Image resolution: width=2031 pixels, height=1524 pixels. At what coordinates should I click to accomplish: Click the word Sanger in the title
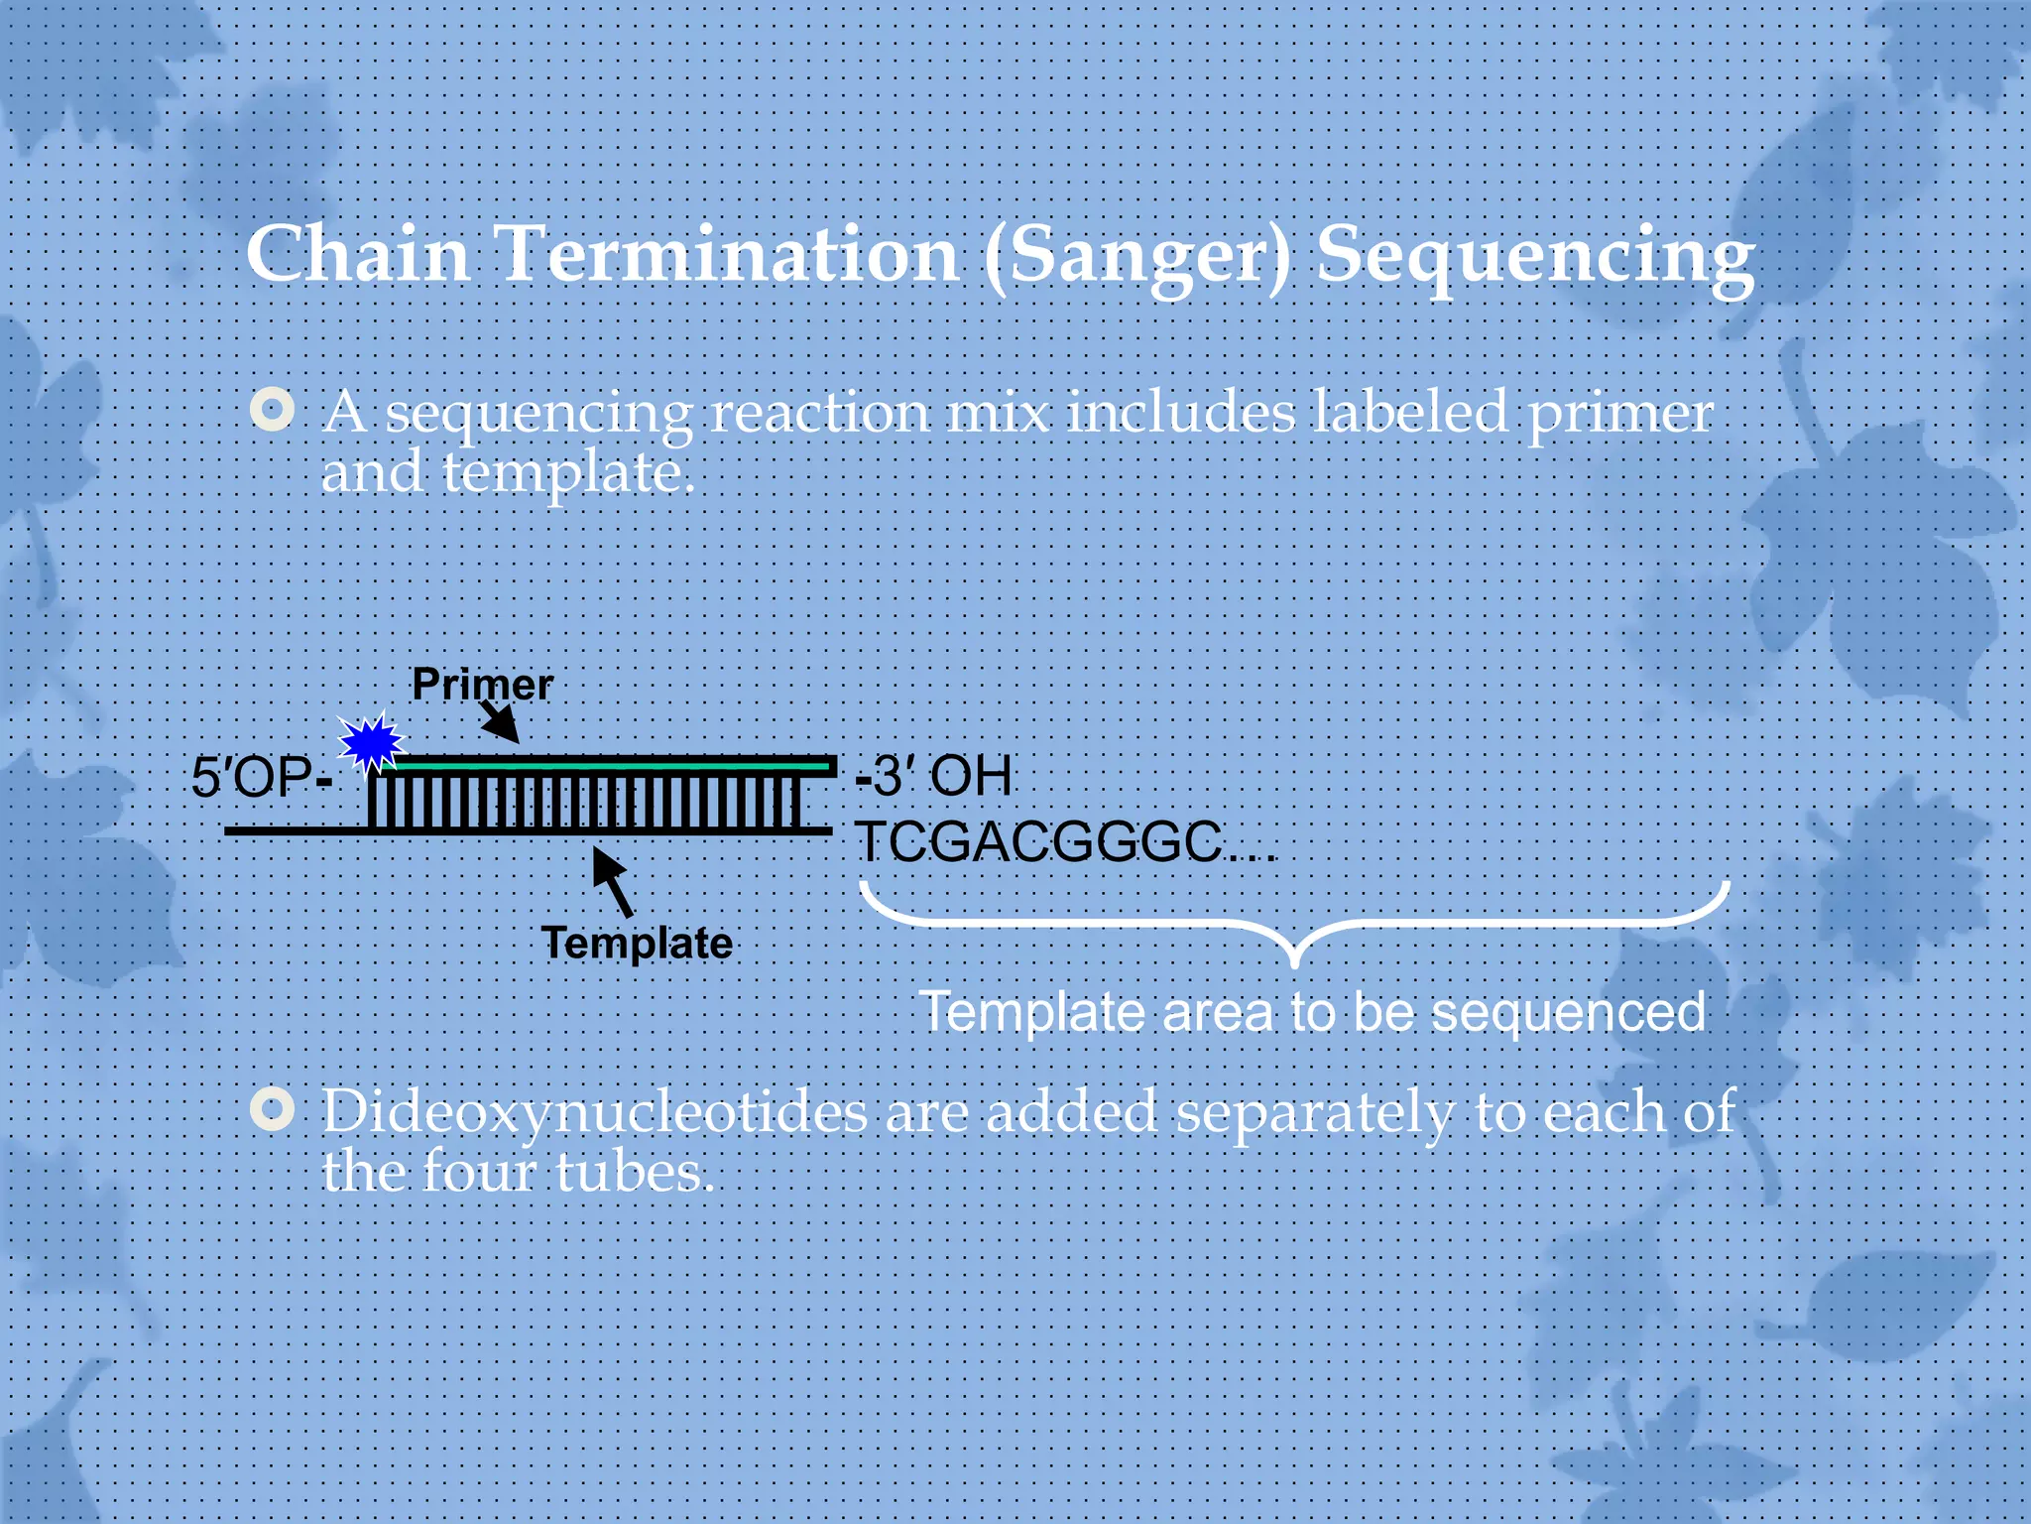(1138, 256)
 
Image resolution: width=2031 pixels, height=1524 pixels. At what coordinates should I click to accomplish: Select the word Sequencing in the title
(1535, 256)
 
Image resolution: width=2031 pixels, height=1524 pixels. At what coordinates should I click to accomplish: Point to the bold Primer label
(482, 685)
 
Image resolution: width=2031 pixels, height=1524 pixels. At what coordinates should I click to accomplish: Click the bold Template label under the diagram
(637, 943)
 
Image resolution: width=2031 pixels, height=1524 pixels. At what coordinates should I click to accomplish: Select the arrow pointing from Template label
(613, 881)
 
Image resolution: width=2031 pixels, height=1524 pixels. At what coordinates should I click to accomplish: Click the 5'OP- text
(261, 777)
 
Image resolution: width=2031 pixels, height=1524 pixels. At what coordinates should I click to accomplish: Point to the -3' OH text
(933, 776)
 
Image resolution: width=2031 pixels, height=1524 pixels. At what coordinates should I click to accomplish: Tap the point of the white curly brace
(1294, 960)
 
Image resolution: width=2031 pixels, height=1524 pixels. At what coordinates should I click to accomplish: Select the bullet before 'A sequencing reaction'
(273, 410)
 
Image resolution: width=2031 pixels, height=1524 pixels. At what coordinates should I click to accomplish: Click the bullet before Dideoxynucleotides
(273, 1109)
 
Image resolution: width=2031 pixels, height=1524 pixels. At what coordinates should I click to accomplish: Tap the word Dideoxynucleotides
(595, 1111)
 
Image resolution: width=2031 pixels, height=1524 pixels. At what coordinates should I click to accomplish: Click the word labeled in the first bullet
(1409, 412)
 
